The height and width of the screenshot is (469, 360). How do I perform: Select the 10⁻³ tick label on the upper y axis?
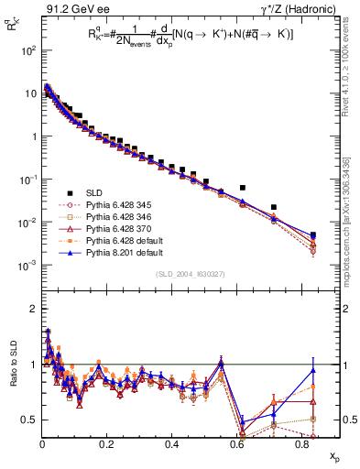(27, 266)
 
